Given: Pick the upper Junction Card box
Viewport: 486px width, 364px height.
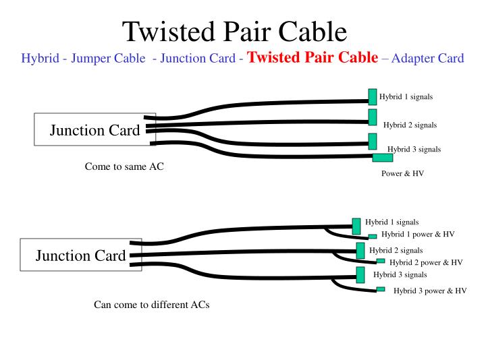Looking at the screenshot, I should [95, 130].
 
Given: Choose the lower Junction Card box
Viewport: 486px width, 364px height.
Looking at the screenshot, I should [80, 255].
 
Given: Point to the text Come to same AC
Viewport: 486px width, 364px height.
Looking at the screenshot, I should [124, 166].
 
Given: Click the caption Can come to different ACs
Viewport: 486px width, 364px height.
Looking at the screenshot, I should [151, 305].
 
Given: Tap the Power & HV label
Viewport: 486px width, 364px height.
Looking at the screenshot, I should [403, 173].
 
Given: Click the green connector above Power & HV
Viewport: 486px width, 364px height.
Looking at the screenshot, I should [383, 158].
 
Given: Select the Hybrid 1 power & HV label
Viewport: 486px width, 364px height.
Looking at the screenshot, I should [418, 235].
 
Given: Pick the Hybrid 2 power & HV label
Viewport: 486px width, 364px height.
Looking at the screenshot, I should [426, 262].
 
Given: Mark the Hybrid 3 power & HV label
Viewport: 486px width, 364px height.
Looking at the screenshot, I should [430, 291].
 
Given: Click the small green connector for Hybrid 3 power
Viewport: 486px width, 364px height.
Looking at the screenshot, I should [381, 289].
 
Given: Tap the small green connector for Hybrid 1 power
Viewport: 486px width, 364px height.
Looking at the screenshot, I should [373, 237].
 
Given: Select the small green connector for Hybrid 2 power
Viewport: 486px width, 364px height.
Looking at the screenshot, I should [381, 261].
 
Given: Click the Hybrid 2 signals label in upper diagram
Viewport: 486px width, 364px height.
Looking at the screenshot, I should [410, 125].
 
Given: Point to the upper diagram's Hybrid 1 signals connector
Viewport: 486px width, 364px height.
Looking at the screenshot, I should [372, 96].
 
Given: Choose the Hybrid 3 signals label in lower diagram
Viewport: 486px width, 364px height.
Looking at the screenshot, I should [400, 275].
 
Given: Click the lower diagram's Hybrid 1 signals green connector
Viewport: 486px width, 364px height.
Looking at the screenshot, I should [356, 226].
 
